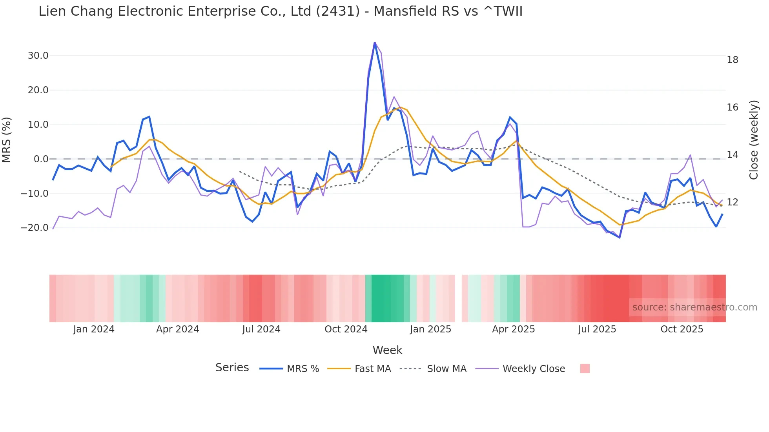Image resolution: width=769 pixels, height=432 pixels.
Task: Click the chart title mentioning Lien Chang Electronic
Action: point(280,11)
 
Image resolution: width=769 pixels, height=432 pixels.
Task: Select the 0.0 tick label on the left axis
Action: point(41,159)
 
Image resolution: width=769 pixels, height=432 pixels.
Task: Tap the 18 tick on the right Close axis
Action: point(732,60)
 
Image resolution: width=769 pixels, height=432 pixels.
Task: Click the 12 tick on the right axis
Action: point(732,202)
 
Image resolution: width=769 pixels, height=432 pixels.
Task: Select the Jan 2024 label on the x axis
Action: point(93,329)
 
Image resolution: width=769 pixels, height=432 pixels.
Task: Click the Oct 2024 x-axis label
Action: point(346,329)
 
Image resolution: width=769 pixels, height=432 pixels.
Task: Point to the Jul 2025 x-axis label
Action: point(597,329)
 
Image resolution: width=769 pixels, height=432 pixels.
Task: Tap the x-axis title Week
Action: point(387,350)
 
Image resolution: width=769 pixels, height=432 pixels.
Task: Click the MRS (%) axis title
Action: point(7,140)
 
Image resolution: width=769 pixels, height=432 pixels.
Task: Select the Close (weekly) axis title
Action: point(753,140)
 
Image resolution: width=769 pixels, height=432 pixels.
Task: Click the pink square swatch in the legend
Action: point(585,368)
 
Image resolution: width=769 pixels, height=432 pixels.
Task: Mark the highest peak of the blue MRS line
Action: point(375,42)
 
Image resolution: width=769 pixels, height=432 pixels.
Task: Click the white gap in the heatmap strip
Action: point(458,298)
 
